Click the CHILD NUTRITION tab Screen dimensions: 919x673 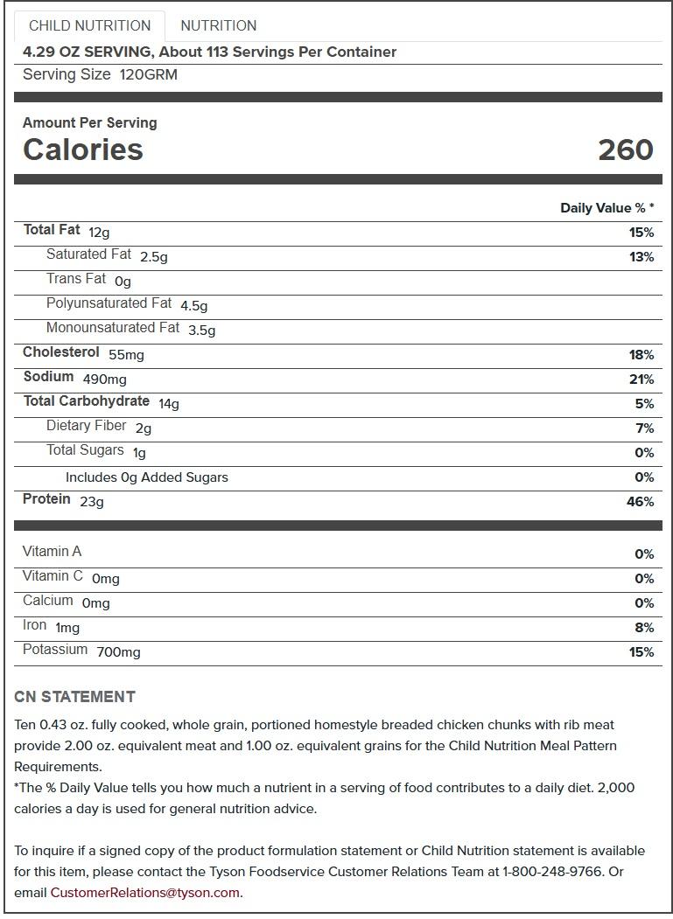pyautogui.click(x=89, y=25)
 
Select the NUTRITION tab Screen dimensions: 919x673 pyautogui.click(x=218, y=25)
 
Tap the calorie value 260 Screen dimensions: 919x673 pyautogui.click(x=625, y=150)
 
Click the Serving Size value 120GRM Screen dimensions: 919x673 pyautogui.click(x=148, y=75)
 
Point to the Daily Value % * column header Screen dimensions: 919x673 pyautogui.click(x=606, y=208)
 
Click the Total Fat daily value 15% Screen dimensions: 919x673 pyautogui.click(x=641, y=233)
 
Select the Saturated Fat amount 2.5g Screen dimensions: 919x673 pyautogui.click(x=153, y=257)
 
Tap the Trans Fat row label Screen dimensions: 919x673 pyautogui.click(x=76, y=279)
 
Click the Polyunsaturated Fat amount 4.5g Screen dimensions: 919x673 pyautogui.click(x=193, y=306)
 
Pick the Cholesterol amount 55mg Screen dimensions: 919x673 pyautogui.click(x=126, y=355)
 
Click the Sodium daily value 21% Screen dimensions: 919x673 pyautogui.click(x=641, y=379)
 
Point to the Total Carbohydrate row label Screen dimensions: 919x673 pyautogui.click(x=87, y=401)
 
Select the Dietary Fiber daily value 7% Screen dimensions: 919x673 pyautogui.click(x=644, y=428)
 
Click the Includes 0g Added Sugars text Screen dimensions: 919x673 pyautogui.click(x=146, y=477)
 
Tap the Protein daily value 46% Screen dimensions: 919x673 pyautogui.click(x=640, y=502)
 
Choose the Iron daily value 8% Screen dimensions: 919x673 pyautogui.click(x=644, y=628)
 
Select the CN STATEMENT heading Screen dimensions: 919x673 pyautogui.click(x=74, y=697)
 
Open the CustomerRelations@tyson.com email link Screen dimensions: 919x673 pyautogui.click(x=144, y=893)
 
